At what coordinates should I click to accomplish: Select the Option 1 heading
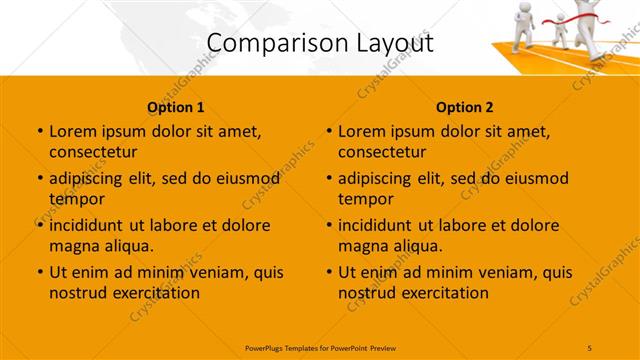point(176,107)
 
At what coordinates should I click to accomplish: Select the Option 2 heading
point(465,107)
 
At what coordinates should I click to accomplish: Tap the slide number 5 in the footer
point(590,346)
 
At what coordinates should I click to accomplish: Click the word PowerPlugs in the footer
point(267,346)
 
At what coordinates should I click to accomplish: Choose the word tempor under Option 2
point(366,200)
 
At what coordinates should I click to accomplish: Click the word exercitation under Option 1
point(154,293)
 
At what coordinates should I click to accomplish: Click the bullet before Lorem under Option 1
point(38,131)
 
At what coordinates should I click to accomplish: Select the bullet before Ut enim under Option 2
point(328,271)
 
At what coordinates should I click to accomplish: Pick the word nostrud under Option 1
point(76,293)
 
